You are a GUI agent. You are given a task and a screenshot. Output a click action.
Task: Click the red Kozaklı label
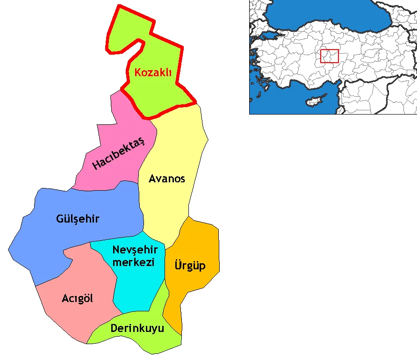click(153, 73)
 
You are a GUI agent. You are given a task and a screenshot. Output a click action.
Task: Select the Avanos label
click(167, 179)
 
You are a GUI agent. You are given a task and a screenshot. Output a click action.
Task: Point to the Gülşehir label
click(78, 219)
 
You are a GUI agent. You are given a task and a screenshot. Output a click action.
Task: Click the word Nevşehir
click(135, 250)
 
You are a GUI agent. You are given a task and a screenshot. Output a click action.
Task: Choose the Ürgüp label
click(190, 266)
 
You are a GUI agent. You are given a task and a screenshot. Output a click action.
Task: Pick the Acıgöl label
click(77, 298)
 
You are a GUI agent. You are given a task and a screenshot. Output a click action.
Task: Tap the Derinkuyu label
click(137, 328)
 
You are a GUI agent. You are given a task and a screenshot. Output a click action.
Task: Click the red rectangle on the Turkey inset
click(330, 56)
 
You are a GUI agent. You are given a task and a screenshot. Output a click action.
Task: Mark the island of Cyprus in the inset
click(315, 101)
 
